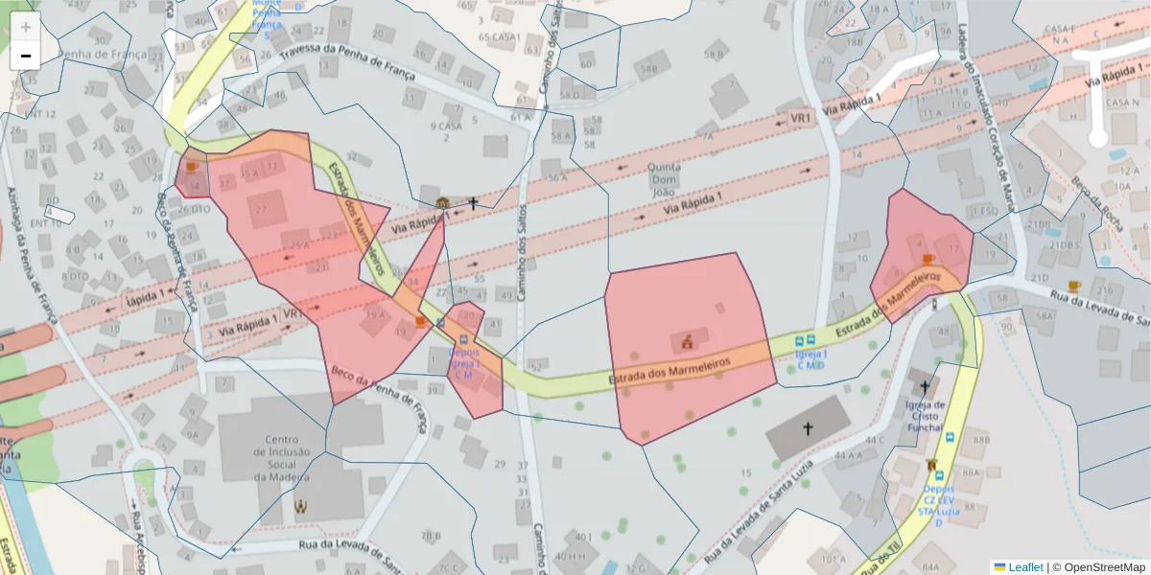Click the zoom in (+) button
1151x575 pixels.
(x=26, y=27)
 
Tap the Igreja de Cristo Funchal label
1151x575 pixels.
(x=925, y=416)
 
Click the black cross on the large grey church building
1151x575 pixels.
(x=807, y=428)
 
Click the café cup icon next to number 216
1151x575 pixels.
(x=1073, y=286)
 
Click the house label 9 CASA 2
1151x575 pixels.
(x=446, y=131)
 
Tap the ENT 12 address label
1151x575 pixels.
(x=40, y=115)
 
